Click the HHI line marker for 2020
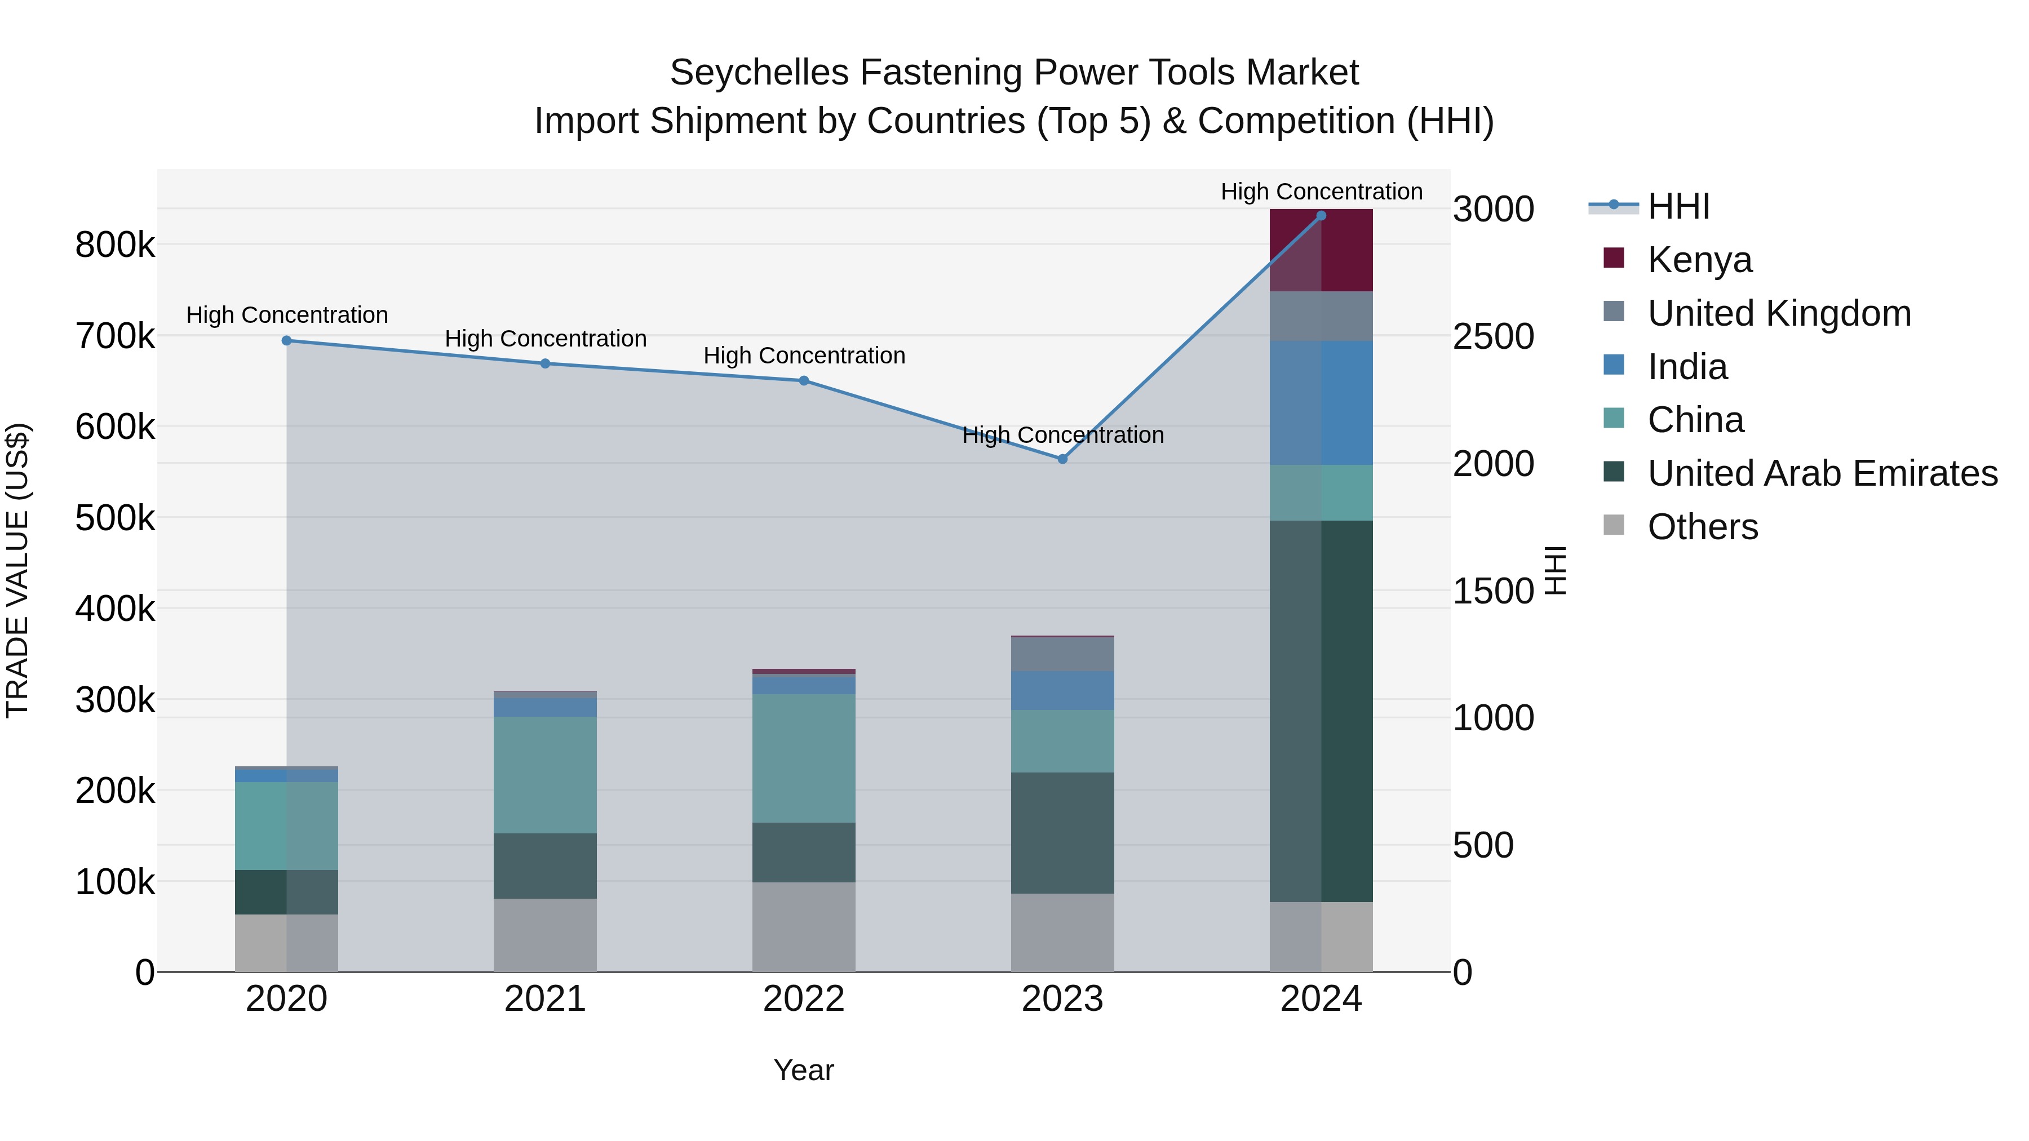coord(287,341)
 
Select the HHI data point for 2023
coord(1062,459)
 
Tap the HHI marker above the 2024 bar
coord(1321,216)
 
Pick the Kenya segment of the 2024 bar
coord(1321,250)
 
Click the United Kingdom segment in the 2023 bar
coord(1062,654)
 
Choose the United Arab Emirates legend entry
coord(1822,474)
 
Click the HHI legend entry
coord(1678,206)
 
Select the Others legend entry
coord(1702,527)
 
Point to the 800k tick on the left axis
coord(115,245)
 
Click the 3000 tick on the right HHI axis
coord(1492,210)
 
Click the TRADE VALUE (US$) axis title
coord(17,570)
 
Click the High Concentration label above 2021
coord(545,339)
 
